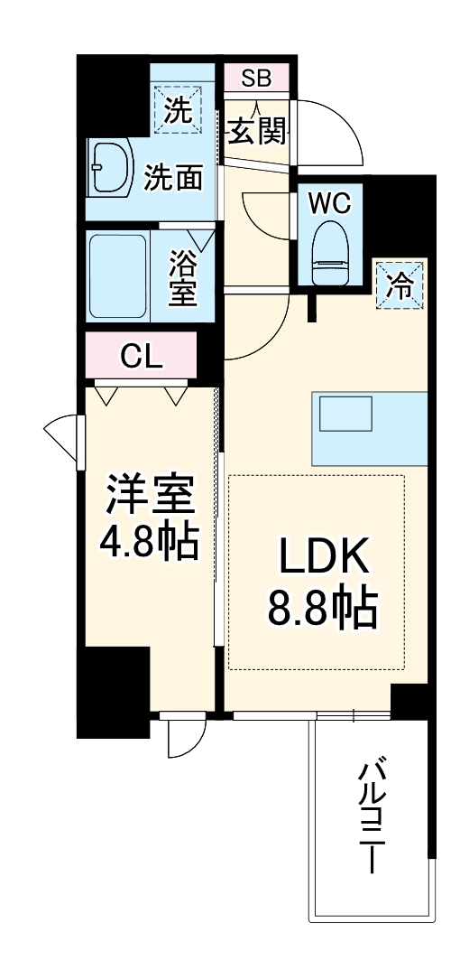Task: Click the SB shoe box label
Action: coord(255,78)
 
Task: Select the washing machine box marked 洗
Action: coord(179,110)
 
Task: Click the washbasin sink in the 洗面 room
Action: coord(110,168)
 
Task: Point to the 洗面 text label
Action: coord(173,178)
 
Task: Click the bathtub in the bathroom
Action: coord(117,275)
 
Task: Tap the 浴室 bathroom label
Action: coord(183,277)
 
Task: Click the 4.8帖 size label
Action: coord(150,541)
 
